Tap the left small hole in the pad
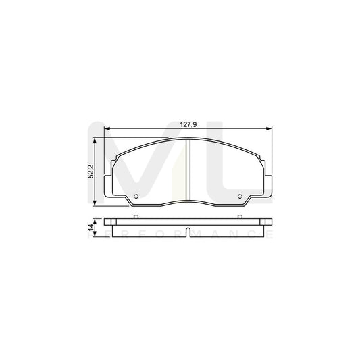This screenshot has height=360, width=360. (136, 197)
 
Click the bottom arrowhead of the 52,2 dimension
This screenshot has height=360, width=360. (95, 205)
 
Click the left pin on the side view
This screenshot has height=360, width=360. (136, 216)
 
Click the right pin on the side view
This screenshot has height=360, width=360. (241, 216)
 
